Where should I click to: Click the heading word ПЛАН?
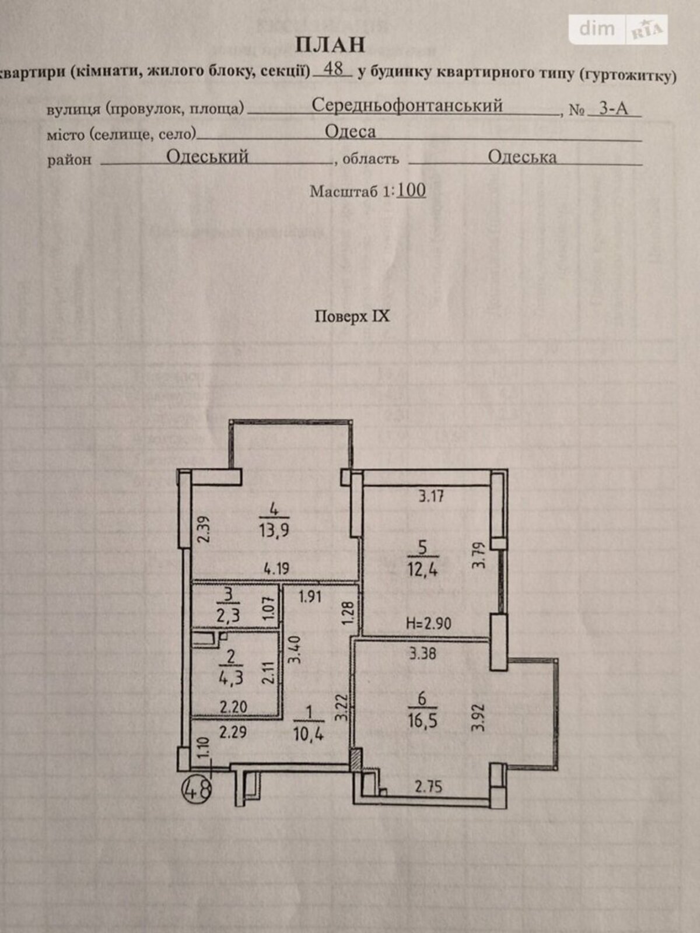pos(330,45)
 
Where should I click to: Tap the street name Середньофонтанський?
pos(407,106)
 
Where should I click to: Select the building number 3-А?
pos(613,109)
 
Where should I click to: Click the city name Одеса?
pos(350,132)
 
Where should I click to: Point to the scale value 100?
pos(411,190)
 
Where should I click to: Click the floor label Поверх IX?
pos(352,317)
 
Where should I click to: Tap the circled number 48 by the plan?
pos(197,790)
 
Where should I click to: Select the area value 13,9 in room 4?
pos(274,531)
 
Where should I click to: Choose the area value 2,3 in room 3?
pos(229,615)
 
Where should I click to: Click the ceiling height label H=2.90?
pos(428,623)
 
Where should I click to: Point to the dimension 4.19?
pos(276,569)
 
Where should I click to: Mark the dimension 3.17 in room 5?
pos(432,496)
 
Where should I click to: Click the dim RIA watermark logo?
pos(618,29)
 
